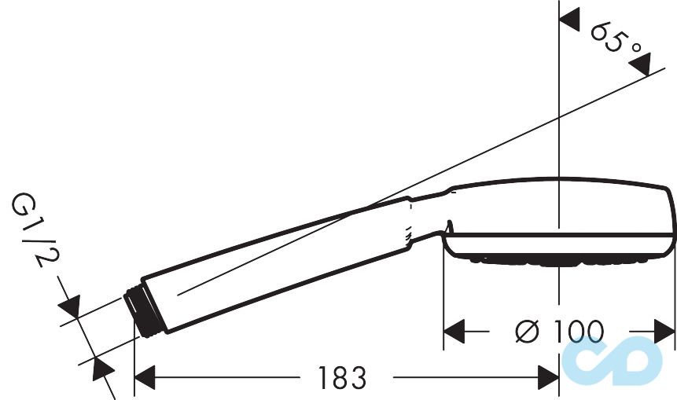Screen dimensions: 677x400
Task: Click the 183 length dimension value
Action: pyautogui.click(x=342, y=377)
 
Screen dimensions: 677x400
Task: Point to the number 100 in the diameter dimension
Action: pyautogui.click(x=579, y=332)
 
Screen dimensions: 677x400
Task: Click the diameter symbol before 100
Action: pyautogui.click(x=528, y=332)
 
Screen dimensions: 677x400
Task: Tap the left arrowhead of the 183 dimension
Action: pyautogui.click(x=145, y=377)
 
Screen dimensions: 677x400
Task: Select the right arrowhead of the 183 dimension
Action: pyautogui.click(x=549, y=377)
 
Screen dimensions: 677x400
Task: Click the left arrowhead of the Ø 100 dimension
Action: pyautogui.click(x=454, y=332)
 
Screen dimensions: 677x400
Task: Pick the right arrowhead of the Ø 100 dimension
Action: pyautogui.click(x=664, y=332)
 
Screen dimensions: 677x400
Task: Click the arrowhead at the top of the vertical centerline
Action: pyautogui.click(x=569, y=20)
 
